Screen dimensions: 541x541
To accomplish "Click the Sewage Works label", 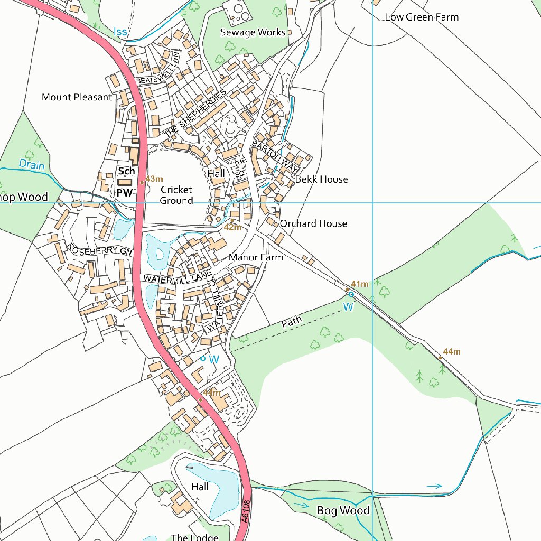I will pos(253,33).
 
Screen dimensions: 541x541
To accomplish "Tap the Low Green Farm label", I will pos(422,17).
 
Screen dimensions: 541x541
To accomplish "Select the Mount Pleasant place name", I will pos(77,97).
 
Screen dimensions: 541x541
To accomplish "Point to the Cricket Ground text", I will pos(176,195).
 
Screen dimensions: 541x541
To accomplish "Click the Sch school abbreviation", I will pos(126,171).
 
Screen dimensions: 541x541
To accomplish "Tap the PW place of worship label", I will pos(124,193).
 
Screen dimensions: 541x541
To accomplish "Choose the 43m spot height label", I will pos(154,179).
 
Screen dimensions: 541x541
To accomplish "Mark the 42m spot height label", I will pos(232,228).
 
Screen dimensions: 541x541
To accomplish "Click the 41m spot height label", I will pos(359,284).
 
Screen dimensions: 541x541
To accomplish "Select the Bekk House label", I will pos(321,180).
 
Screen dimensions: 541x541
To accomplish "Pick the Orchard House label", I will pos(313,223).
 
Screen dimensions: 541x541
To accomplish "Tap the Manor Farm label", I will pos(256,257).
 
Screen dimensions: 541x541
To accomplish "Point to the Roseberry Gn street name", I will pos(98,250).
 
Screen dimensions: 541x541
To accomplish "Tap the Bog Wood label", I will pos(343,510).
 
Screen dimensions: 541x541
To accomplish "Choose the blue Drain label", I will pos(32,164).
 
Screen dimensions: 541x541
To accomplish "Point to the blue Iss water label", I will pos(120,32).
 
